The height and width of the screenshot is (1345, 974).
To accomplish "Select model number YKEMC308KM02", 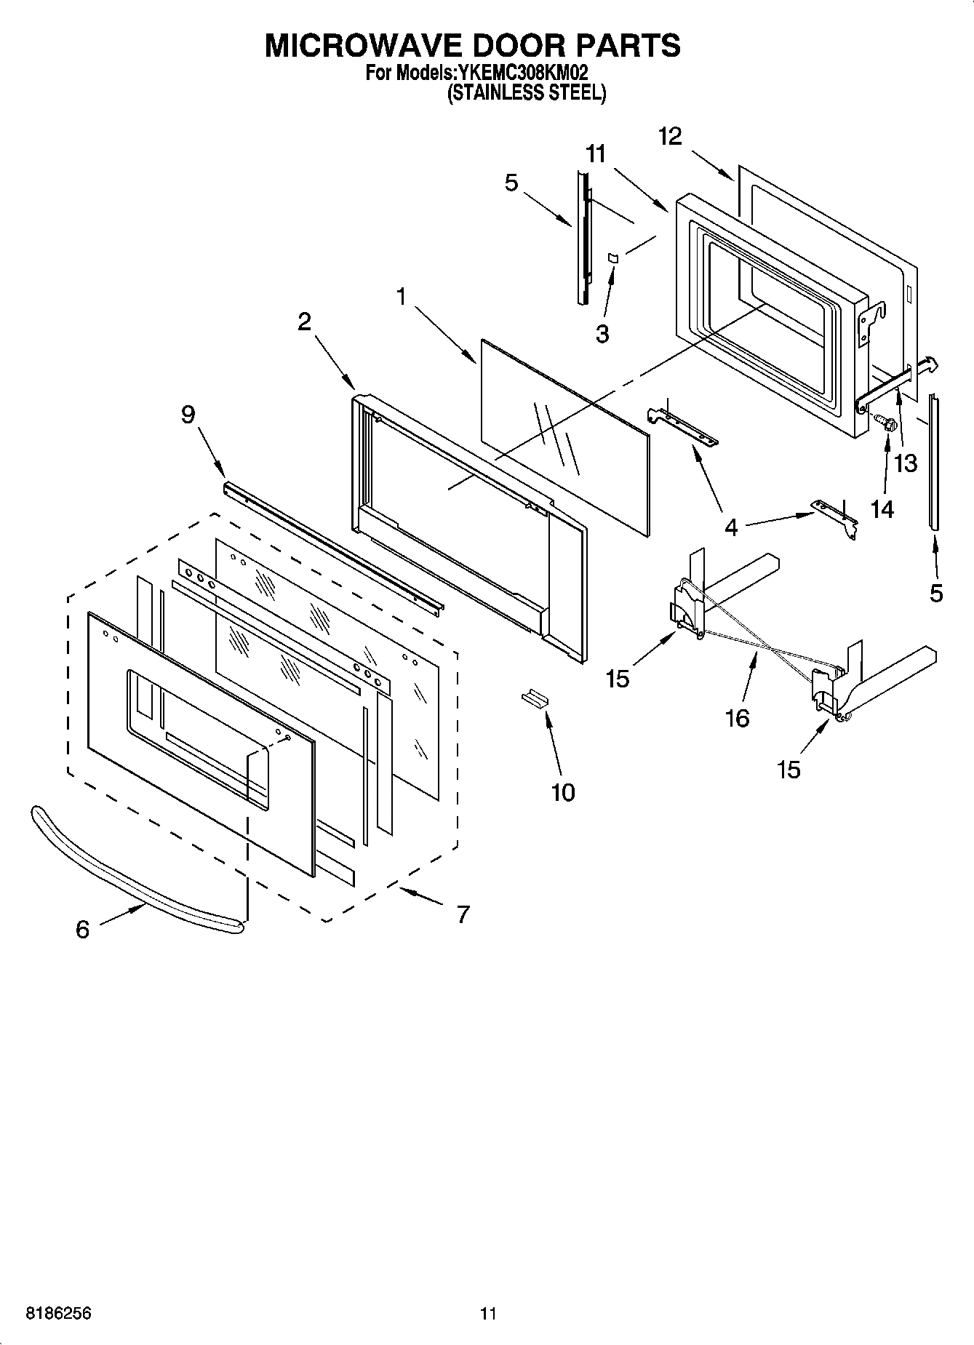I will pos(522,73).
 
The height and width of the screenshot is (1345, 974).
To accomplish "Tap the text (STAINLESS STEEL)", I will pos(525,92).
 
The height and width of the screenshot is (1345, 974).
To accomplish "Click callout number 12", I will pos(670,136).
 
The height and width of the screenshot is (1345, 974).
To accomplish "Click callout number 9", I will pos(188,415).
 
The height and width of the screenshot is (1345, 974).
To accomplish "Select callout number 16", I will pos(737,718).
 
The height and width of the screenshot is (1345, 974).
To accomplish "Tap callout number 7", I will pos(463,914).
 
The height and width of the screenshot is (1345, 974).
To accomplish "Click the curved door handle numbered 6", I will pos(131,866).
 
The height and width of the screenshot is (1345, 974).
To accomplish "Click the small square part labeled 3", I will pos(612,258).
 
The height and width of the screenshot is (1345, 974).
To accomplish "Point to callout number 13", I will pos(906,463).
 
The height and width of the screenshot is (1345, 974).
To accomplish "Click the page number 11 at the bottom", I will pos(488,1314).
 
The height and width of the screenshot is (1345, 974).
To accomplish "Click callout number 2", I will pos(304,321).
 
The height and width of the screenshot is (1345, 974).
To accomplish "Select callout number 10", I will pos(563,792).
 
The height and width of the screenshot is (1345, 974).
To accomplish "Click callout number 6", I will pos(82,929).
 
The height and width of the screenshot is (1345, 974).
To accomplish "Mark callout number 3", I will pos(602,334).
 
